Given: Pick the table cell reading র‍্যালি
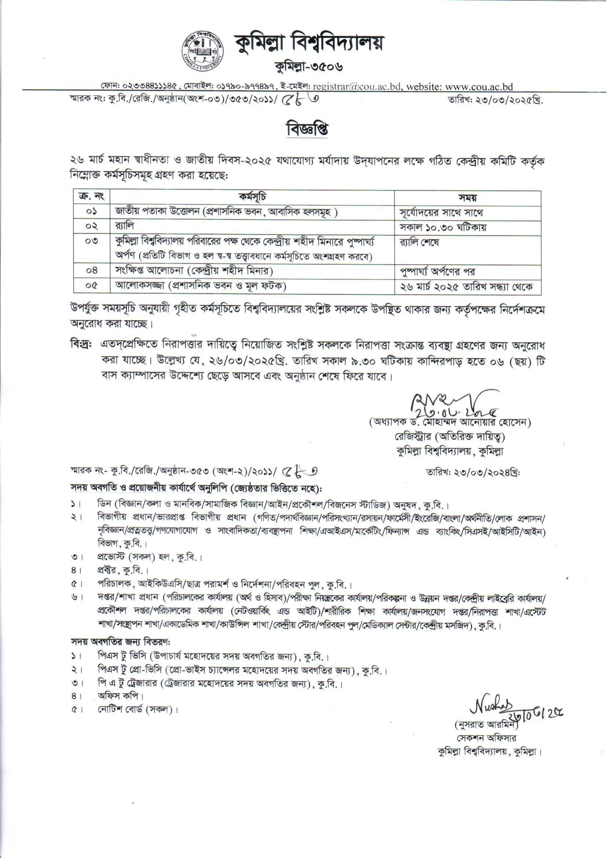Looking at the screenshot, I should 125,227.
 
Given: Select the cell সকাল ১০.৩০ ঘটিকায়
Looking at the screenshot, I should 443,227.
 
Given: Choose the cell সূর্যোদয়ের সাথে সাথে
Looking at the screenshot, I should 441,212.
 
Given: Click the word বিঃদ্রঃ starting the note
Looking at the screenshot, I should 81,344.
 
